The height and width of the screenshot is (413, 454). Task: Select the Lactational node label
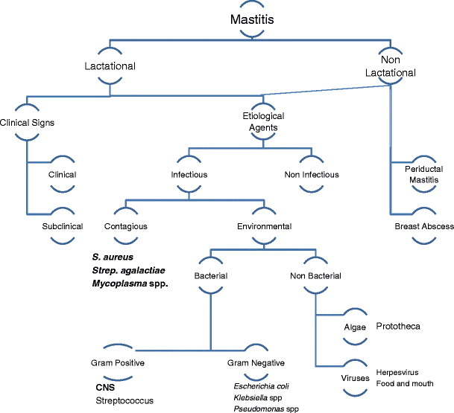click(110, 66)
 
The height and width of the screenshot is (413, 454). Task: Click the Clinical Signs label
click(27, 122)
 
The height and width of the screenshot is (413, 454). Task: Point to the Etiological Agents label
click(260, 121)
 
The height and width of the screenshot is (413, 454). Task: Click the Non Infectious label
click(312, 175)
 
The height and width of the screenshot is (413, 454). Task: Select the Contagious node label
click(125, 226)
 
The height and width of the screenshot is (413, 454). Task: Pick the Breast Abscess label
click(424, 226)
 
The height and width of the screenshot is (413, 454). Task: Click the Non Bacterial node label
click(315, 276)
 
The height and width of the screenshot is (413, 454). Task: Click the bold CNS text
click(105, 387)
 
